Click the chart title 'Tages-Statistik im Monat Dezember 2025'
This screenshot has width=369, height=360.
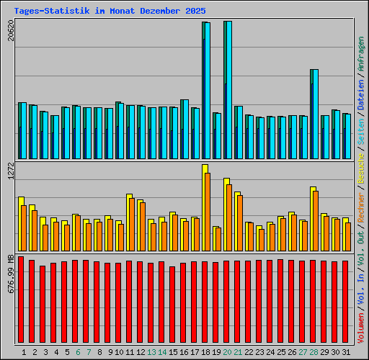[110, 12]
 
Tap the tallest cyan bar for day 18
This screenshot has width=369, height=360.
[207, 90]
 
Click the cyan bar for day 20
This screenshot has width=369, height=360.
[228, 90]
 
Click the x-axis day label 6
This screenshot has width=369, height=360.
[78, 352]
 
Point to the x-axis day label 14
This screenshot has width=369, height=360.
[163, 352]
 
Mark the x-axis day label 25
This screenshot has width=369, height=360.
[282, 352]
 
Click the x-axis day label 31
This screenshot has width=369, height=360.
[347, 352]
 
